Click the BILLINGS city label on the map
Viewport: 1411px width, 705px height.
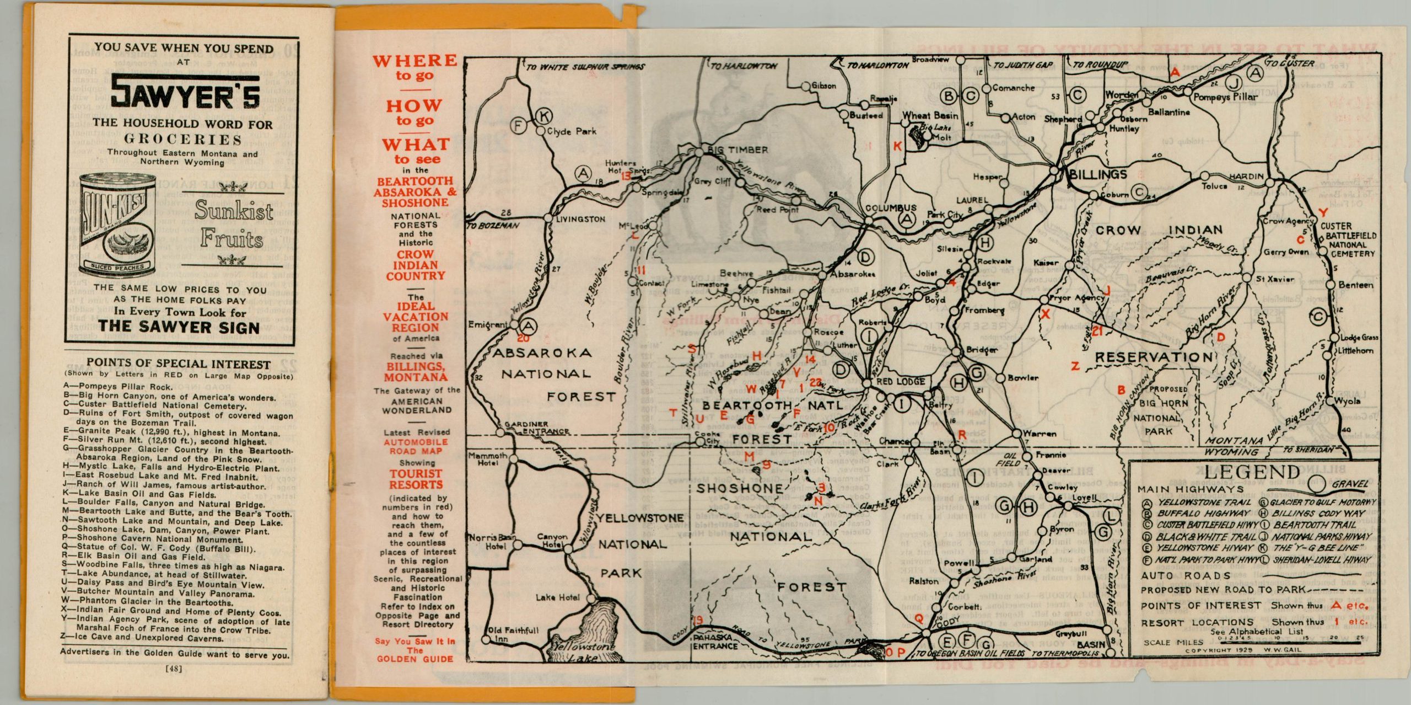[x=1097, y=175]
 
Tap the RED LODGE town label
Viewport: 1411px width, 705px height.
[x=901, y=382]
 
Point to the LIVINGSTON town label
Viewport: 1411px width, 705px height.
[x=580, y=219]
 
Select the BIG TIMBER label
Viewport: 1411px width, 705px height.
[x=737, y=150]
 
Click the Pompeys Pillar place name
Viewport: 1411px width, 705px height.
[x=1225, y=97]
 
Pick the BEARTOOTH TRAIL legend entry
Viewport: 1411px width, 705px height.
[x=1314, y=525]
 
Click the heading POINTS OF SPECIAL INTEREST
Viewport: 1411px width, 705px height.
[x=179, y=365]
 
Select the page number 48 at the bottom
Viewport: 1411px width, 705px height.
[x=174, y=670]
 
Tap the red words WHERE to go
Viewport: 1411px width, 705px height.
[x=414, y=67]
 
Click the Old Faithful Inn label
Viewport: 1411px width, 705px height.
[x=513, y=634]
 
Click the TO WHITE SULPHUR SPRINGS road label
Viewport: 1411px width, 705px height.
[x=585, y=67]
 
